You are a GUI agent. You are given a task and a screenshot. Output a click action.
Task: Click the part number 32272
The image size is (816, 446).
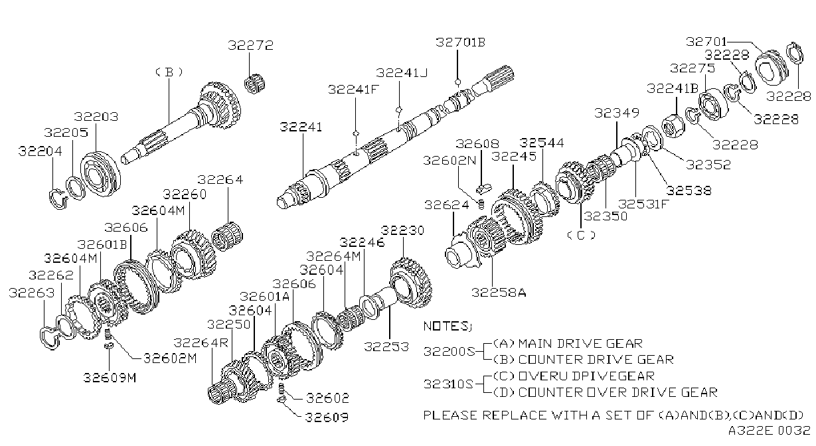point(250,45)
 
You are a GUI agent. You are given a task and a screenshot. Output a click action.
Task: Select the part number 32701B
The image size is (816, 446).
point(461,42)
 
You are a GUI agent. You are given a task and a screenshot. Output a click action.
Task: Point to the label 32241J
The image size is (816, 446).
point(402,73)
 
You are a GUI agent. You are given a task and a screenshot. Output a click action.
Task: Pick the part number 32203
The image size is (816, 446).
point(96,117)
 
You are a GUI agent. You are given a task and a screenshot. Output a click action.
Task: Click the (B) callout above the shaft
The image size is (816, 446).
point(169,72)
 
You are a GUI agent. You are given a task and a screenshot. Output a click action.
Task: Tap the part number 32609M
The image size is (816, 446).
point(110,378)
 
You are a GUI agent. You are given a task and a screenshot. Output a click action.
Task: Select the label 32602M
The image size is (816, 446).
point(170,358)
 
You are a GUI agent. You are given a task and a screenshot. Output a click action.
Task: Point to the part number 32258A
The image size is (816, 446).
point(499,293)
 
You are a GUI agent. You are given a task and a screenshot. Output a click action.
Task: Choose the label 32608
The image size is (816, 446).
point(477,144)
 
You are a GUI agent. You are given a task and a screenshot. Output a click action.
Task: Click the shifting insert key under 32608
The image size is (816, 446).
point(483,189)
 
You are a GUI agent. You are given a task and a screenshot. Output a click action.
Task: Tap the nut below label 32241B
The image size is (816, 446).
point(673,125)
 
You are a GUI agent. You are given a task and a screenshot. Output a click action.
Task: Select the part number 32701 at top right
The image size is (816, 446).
point(706,42)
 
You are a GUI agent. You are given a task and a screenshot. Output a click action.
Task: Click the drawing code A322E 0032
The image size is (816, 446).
point(769,431)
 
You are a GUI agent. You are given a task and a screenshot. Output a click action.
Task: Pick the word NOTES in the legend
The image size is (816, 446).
point(445,327)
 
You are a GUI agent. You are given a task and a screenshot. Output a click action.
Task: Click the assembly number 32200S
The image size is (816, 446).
point(449,352)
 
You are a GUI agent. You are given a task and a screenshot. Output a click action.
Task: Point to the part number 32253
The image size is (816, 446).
point(386,346)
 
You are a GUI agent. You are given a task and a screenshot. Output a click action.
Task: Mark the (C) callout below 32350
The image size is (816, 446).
point(581,235)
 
